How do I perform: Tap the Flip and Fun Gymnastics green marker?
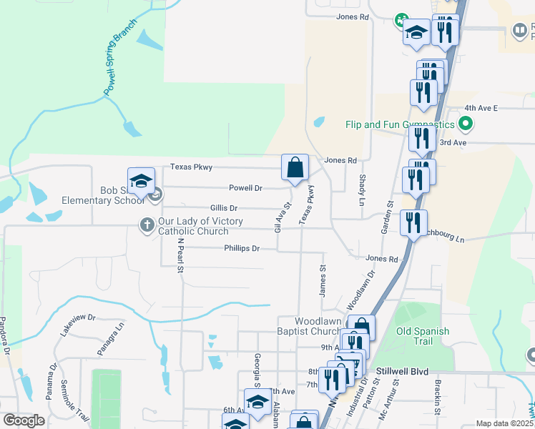pos(466,125)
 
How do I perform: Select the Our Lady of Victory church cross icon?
pos(147,225)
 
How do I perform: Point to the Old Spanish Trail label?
pos(423,336)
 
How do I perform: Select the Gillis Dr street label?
pos(224,207)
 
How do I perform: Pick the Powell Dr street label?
pos(245,188)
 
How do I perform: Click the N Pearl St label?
pos(181,256)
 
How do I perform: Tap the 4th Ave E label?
pos(480,107)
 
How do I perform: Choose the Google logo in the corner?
pos(24,420)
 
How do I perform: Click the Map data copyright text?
pos(505,423)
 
